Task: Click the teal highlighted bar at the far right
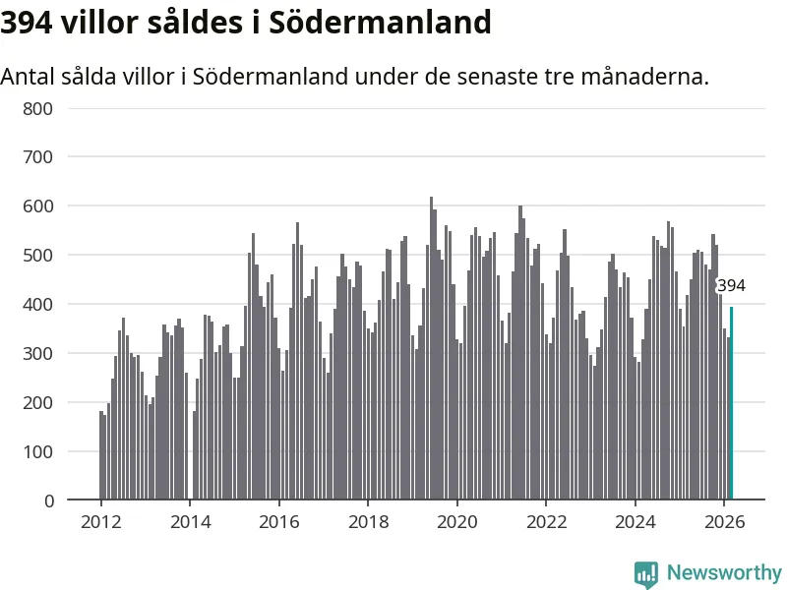point(731,403)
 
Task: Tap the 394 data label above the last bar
point(731,286)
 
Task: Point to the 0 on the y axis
point(49,501)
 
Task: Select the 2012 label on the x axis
point(100,522)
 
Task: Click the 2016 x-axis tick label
point(278,522)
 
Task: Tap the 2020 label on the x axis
point(456,522)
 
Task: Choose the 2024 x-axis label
point(635,522)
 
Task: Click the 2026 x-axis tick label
point(723,522)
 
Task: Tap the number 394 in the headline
point(27,22)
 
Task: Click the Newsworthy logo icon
point(645,573)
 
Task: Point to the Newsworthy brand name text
point(724,572)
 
